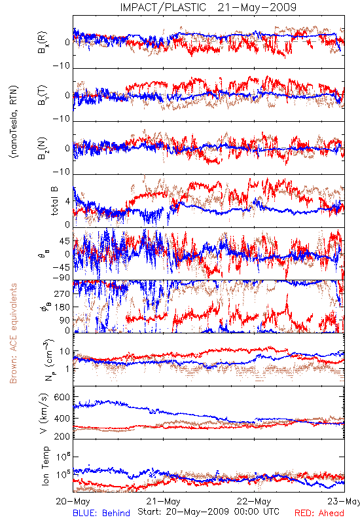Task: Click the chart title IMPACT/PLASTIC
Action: click(163, 7)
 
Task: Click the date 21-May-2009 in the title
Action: click(257, 7)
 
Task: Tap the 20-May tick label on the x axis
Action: click(73, 501)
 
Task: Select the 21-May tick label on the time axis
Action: click(163, 501)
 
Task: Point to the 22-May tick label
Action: click(254, 501)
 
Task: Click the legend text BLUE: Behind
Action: click(101, 513)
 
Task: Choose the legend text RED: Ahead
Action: click(319, 513)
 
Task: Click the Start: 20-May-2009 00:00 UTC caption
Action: click(208, 512)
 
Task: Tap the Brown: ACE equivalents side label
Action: click(13, 333)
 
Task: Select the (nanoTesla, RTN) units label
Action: click(14, 122)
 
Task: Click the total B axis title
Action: click(54, 200)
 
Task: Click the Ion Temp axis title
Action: click(45, 466)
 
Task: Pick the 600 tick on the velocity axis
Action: click(62, 398)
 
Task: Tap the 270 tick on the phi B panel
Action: click(62, 294)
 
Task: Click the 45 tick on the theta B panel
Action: click(65, 241)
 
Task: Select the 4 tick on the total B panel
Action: click(68, 201)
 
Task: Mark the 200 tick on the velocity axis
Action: click(62, 436)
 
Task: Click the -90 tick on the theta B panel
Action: click(62, 278)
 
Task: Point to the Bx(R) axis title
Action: click(43, 43)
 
